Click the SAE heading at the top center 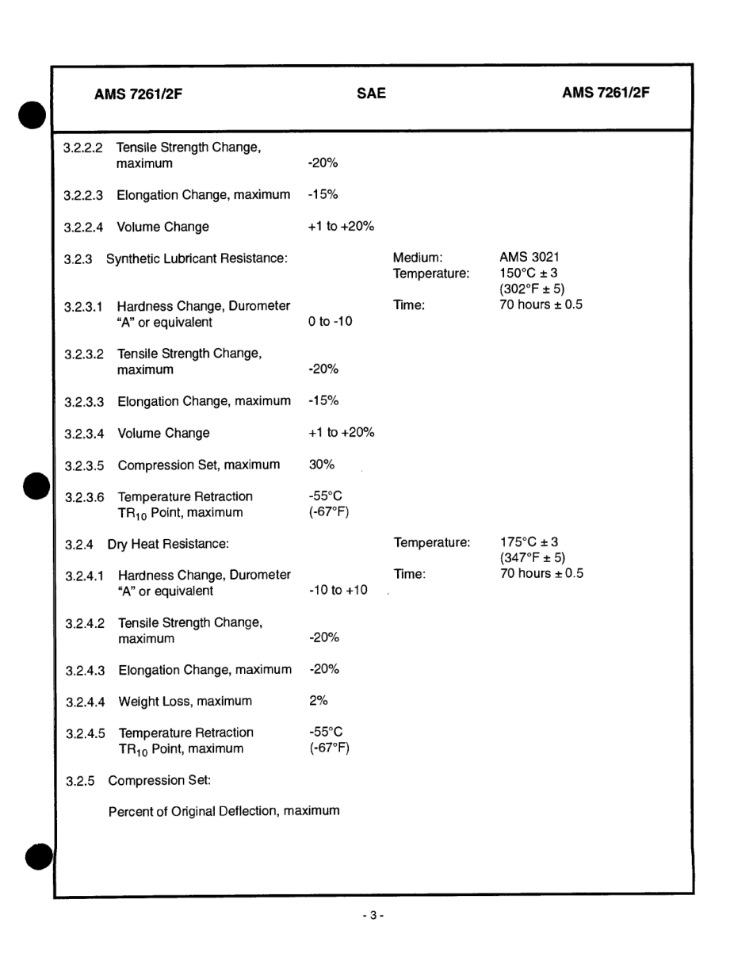(371, 94)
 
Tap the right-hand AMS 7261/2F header (606, 93)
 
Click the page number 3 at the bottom (373, 916)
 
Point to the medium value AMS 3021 (529, 257)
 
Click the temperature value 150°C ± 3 (528, 273)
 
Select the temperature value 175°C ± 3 (529, 542)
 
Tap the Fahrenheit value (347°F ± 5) (533, 558)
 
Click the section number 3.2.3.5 (84, 465)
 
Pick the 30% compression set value (321, 465)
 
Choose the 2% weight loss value (318, 700)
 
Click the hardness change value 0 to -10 (331, 322)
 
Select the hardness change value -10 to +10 (338, 590)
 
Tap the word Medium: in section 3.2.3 (417, 257)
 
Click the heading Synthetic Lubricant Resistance (197, 258)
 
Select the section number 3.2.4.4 (85, 702)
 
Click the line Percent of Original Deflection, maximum (224, 811)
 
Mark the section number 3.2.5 (80, 781)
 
